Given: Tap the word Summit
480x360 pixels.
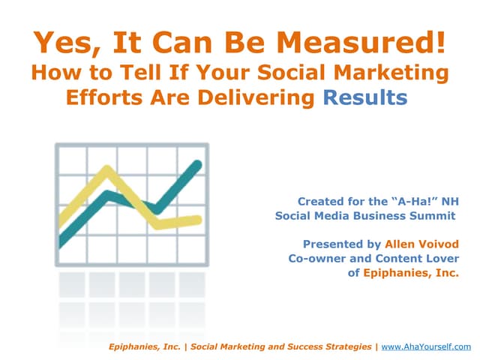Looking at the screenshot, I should coord(433,216).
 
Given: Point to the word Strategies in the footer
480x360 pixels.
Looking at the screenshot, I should coord(343,346).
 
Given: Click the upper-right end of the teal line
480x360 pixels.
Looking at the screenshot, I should coord(199,164).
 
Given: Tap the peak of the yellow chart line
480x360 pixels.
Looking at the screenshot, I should coord(98,171).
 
